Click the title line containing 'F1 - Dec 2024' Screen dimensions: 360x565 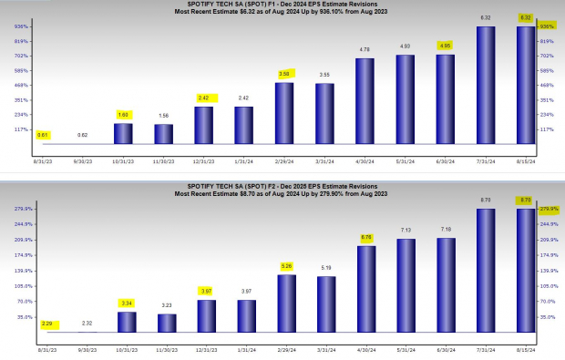pyautogui.click(x=282, y=5)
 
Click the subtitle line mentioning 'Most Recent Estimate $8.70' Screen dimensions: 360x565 pyautogui.click(x=282, y=194)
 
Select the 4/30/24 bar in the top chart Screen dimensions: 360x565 pyautogui.click(x=365, y=101)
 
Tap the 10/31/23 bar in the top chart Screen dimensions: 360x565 pyautogui.click(x=124, y=134)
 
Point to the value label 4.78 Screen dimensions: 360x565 pyautogui.click(x=365, y=48)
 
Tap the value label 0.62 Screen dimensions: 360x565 pyautogui.click(x=83, y=135)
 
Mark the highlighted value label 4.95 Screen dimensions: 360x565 pyautogui.click(x=446, y=45)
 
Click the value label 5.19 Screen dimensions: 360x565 pyautogui.click(x=324, y=267)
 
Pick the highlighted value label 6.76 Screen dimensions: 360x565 pyautogui.click(x=365, y=237)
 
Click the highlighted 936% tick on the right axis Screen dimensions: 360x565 pyautogui.click(x=547, y=26)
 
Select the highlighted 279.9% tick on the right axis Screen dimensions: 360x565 pyautogui.click(x=547, y=209)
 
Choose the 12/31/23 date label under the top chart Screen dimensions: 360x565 pyautogui.click(x=204, y=161)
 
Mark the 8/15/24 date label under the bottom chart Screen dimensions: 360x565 pyautogui.click(x=526, y=349)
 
